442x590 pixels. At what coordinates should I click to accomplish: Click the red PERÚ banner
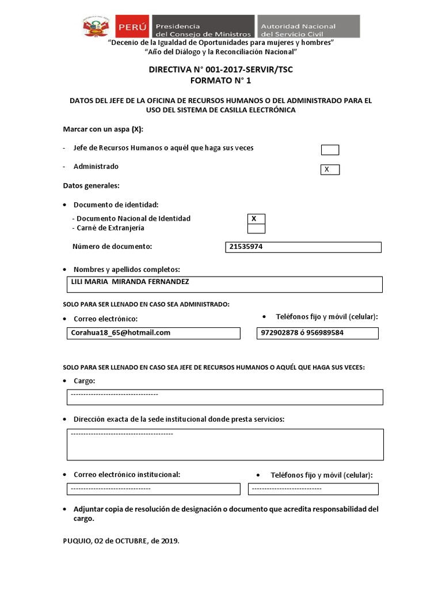coord(132,27)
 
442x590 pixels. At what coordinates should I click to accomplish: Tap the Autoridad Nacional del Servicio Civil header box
coord(308,27)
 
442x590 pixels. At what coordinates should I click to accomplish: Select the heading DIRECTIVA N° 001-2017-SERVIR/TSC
coord(220,70)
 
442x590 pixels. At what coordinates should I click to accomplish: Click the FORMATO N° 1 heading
coord(220,81)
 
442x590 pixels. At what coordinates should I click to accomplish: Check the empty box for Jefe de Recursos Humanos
coord(330,150)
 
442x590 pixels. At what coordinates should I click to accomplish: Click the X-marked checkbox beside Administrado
coord(330,170)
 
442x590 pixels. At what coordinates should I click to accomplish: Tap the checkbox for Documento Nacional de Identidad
coord(256,219)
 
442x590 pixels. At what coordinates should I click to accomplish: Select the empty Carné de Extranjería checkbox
coord(256,229)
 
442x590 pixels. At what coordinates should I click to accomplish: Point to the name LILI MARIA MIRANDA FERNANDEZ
coord(129,282)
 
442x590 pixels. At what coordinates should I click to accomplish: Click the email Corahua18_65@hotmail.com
coord(121,332)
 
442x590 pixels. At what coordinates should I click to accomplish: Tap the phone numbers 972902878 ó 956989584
coord(302,332)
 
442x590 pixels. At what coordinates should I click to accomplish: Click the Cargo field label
coord(84,381)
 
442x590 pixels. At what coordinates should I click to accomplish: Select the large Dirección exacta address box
coord(224,444)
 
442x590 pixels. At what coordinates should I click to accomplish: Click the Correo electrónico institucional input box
coord(153,489)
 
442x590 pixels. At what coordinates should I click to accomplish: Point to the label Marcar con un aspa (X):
coord(103,128)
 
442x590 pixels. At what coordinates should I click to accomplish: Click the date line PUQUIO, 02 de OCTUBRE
coord(121,541)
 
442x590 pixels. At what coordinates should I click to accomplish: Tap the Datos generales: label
coord(91,186)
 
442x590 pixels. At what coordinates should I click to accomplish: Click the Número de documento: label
coord(112,247)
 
